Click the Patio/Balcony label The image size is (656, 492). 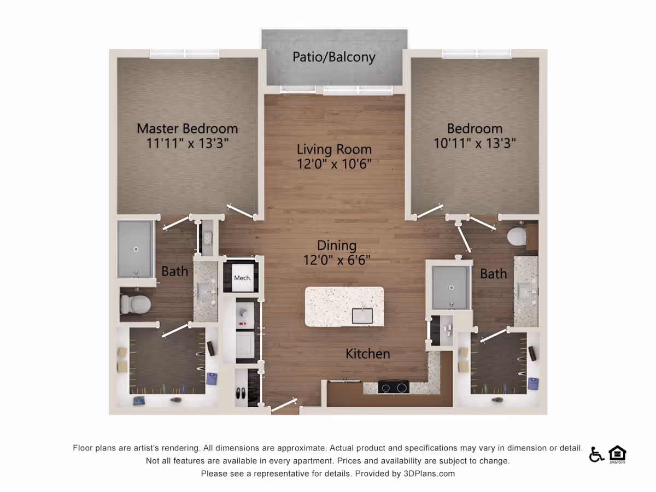(334, 57)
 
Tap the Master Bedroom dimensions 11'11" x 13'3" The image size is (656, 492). (188, 143)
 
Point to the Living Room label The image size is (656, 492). (334, 149)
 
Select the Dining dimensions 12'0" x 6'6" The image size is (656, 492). (337, 260)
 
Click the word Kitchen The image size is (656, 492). (367, 354)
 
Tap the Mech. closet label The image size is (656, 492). (242, 278)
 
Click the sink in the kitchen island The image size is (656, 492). (362, 316)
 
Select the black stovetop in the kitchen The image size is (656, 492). (394, 388)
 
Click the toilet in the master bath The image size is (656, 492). (135, 304)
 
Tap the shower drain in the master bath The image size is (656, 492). (136, 249)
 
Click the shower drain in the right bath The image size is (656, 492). (452, 288)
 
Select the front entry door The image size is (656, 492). (284, 405)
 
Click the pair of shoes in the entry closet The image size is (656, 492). (241, 393)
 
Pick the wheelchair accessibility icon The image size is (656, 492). (596, 455)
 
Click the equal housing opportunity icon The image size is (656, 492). (617, 454)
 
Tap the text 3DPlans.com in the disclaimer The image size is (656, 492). (429, 474)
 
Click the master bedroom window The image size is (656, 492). (184, 54)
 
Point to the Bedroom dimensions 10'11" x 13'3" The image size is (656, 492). (475, 143)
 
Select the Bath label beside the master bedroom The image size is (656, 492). (175, 271)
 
